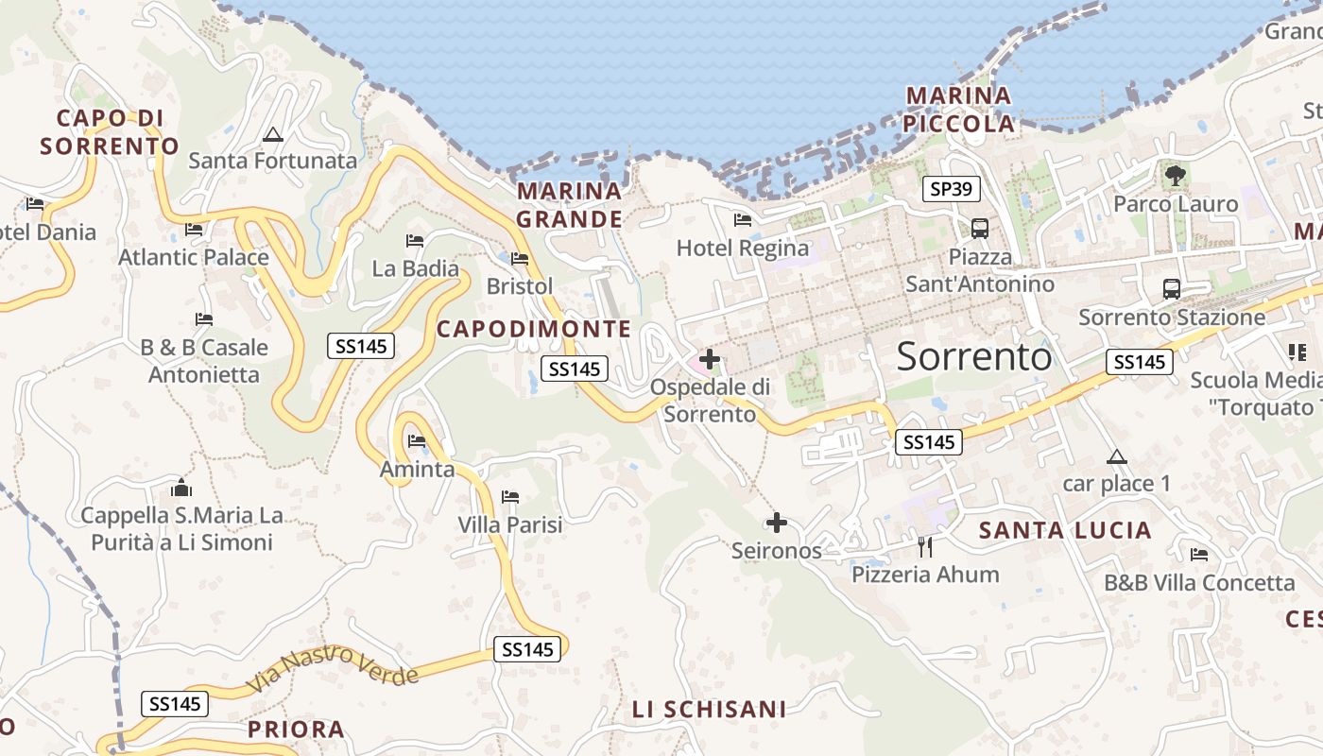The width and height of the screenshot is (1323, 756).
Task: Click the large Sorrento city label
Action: click(x=973, y=356)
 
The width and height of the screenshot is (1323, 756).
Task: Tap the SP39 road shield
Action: click(x=951, y=189)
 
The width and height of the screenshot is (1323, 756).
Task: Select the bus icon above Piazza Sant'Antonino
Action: click(x=980, y=228)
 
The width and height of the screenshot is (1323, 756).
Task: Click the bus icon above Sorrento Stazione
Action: click(x=1172, y=289)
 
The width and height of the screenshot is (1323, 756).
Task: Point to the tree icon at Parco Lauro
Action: click(x=1176, y=175)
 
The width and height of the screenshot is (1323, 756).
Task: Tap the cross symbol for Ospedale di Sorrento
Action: click(x=709, y=359)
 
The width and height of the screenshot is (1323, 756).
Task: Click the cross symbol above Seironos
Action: click(x=776, y=523)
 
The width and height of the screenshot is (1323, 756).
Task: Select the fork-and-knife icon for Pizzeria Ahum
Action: click(x=924, y=546)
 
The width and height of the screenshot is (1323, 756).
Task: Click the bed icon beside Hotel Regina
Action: click(x=743, y=220)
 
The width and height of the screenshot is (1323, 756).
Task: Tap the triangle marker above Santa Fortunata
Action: click(x=273, y=134)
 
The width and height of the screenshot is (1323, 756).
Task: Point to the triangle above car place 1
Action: click(x=1117, y=457)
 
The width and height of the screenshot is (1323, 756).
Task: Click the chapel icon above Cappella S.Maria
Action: click(x=181, y=489)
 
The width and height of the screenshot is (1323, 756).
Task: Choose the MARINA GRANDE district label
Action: click(x=570, y=205)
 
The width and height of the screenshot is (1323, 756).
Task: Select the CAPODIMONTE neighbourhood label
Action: click(x=533, y=329)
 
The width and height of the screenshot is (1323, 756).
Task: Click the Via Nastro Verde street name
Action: click(x=332, y=667)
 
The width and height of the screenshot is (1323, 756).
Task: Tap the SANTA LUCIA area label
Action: click(x=1065, y=530)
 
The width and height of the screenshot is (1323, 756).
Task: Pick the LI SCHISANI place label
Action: click(x=709, y=709)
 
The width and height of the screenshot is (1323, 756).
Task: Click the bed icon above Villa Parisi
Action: click(x=510, y=497)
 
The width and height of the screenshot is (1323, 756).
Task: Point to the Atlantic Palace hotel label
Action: click(x=194, y=257)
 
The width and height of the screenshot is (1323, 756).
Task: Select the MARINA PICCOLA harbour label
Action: click(x=958, y=110)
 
